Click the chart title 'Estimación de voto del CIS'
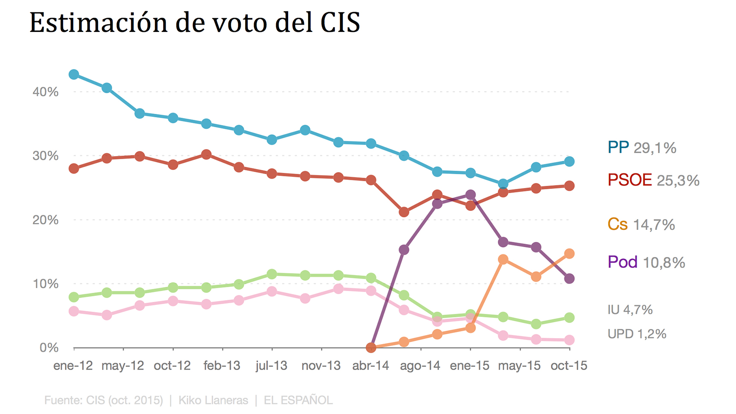click(195, 22)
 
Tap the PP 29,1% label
click(642, 148)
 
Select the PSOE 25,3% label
click(653, 180)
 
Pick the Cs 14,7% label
click(641, 225)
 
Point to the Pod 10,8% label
click(646, 262)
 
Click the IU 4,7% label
click(630, 310)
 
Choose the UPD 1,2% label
click(637, 334)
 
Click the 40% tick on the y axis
click(45, 92)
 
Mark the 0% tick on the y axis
click(49, 348)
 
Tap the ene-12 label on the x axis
click(73, 366)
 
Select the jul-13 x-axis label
click(271, 366)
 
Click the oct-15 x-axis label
click(569, 366)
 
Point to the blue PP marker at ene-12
click(74, 74)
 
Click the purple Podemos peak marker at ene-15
click(470, 195)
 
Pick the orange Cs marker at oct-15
click(569, 254)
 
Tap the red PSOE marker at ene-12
click(74, 168)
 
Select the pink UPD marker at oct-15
click(569, 340)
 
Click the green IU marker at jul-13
click(272, 274)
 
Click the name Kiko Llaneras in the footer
click(213, 400)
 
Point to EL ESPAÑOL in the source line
click(298, 400)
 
